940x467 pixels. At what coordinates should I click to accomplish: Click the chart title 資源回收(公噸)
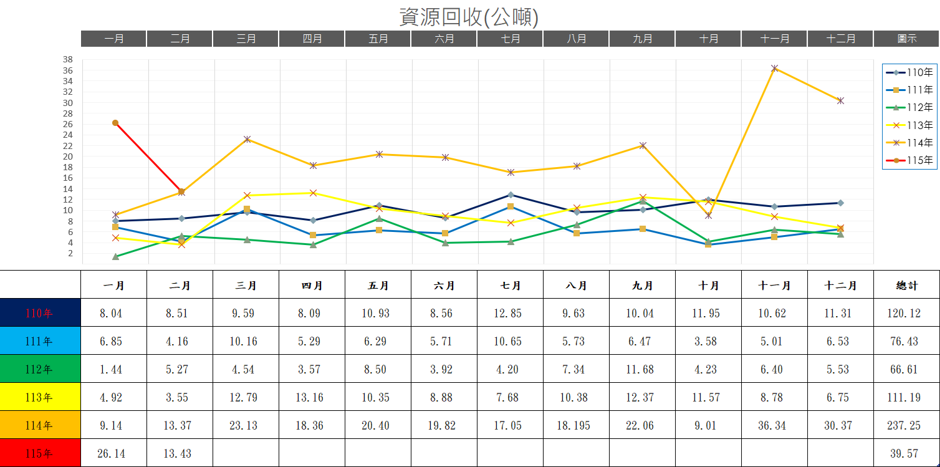pos(469,17)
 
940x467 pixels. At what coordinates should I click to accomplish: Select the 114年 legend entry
pos(909,143)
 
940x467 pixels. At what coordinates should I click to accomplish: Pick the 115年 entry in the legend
pos(909,160)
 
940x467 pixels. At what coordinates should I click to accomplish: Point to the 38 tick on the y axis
pos(68,60)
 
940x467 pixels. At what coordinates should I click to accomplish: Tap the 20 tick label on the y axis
pos(68,156)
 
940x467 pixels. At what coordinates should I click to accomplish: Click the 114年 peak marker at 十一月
pos(774,68)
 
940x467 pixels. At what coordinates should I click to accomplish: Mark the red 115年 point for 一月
pos(115,123)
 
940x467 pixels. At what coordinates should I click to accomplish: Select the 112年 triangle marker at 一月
pos(115,256)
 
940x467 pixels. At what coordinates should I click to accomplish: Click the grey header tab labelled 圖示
pos(906,39)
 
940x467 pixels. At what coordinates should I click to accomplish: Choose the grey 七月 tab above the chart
pos(510,39)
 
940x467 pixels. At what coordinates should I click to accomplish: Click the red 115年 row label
pos(41,453)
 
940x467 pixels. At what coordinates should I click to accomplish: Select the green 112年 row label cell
pos(41,369)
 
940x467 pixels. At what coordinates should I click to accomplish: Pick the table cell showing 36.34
pos(774,425)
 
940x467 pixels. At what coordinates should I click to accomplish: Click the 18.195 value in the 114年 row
pos(576,425)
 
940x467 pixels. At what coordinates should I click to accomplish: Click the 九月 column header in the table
pos(642,285)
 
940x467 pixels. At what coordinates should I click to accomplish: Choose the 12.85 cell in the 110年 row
pos(510,313)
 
